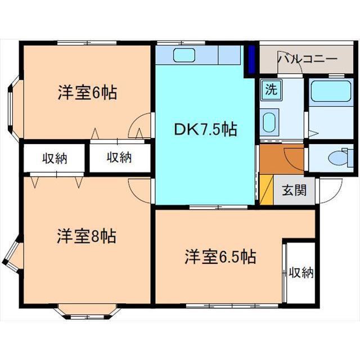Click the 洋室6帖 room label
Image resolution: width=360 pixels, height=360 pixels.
pos(87,92)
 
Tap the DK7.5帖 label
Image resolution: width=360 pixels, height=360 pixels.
pos(205,130)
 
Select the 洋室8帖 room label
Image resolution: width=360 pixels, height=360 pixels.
pos(87,236)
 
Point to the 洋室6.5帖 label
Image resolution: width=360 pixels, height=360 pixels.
pos(220,258)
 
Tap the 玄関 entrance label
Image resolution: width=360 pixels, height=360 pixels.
pos(294,190)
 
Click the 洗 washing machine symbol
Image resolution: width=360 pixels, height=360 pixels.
pos(271,89)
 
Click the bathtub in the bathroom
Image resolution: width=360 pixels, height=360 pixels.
pos(331,91)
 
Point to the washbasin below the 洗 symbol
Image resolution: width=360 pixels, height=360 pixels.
pos(270,120)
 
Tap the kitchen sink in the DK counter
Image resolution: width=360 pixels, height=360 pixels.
pos(184,56)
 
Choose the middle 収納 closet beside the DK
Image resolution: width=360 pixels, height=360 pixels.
pos(119,157)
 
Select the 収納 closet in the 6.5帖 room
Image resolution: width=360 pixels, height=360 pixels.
pos(300,273)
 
